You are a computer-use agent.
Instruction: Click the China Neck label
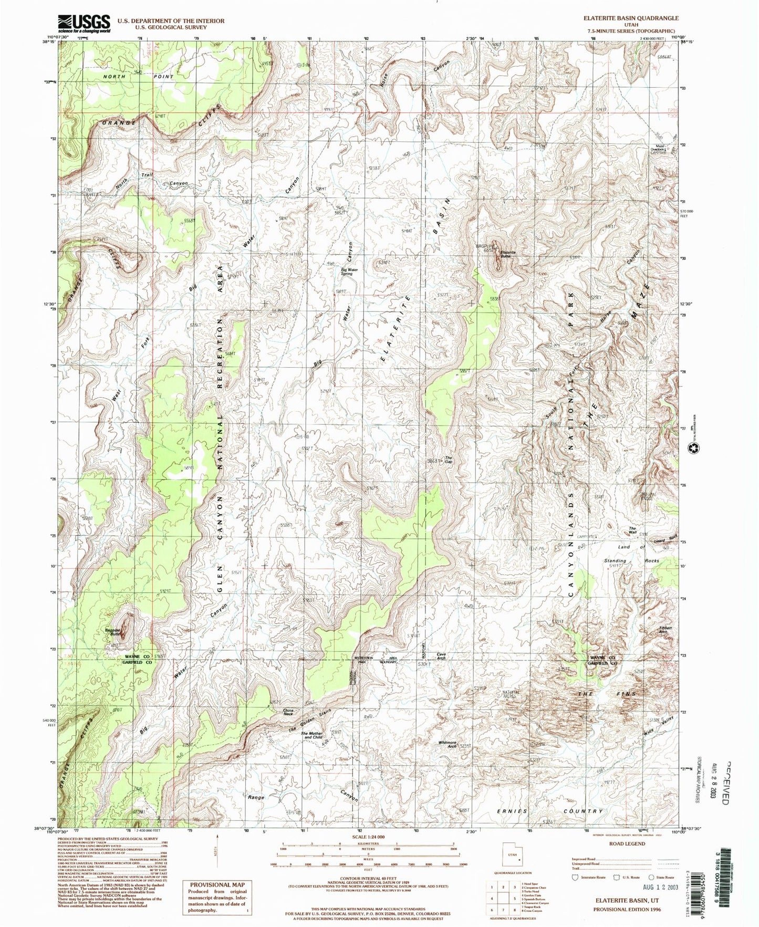288,712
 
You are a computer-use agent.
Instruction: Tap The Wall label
633,530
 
